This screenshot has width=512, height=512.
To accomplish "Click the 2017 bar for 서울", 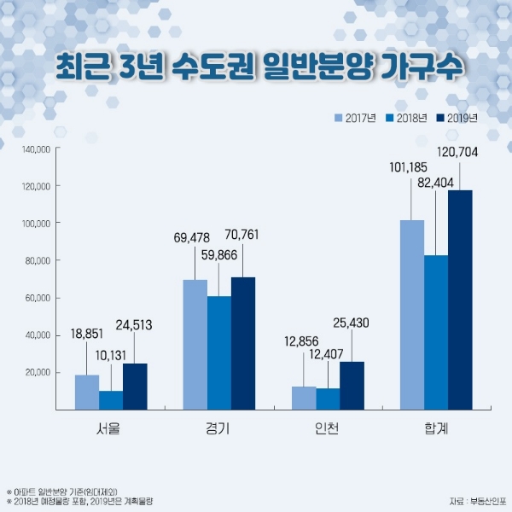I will (x=87, y=392).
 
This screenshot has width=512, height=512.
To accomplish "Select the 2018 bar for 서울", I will (x=111, y=400).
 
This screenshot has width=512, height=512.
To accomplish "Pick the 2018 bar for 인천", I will (x=328, y=399).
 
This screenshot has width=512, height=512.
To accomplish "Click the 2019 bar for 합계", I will (x=460, y=300).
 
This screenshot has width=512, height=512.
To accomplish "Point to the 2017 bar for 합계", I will (x=412, y=315).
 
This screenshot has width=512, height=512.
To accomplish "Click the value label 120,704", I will (x=457, y=154).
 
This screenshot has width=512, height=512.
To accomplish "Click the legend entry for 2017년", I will (x=356, y=118).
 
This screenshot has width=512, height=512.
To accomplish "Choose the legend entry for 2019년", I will (x=458, y=118).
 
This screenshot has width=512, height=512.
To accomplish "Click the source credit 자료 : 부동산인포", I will (x=474, y=499).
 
